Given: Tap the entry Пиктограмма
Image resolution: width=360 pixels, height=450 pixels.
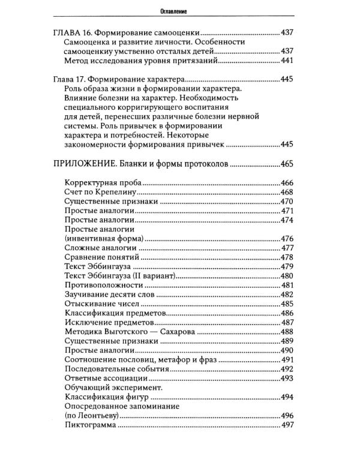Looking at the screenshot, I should (x=89, y=425).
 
